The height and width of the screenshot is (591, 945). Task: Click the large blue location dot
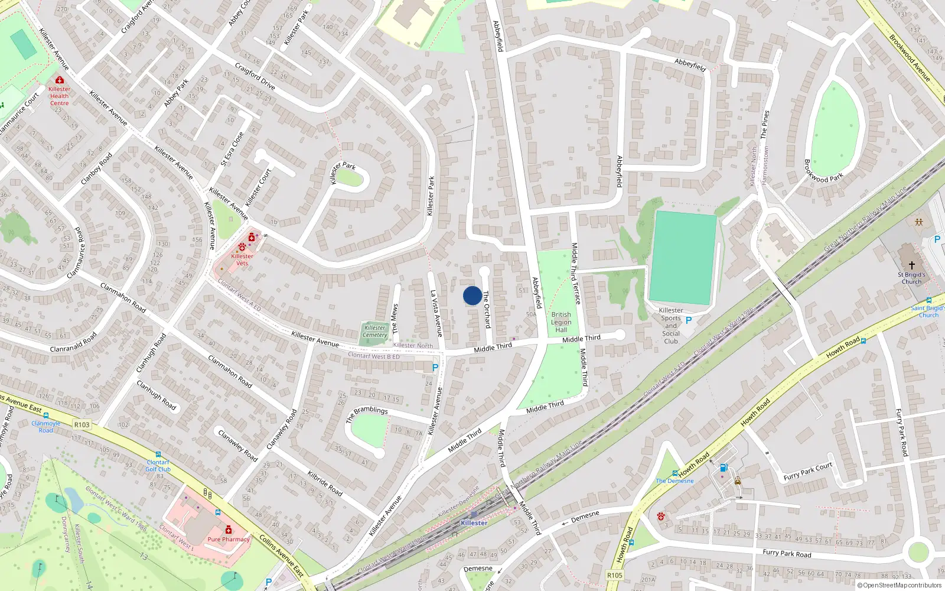point(472,295)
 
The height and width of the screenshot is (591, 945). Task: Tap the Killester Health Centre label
point(59,96)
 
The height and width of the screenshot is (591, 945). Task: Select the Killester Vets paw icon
point(242,246)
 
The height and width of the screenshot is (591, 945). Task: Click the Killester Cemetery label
point(374,331)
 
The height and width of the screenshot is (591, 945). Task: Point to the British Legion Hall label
point(561,322)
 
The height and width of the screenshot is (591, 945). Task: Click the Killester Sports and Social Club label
point(671,326)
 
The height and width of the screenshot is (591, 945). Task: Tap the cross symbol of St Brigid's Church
point(911,266)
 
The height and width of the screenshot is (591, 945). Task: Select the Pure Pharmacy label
point(229,539)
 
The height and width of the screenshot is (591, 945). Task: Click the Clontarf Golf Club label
point(158,466)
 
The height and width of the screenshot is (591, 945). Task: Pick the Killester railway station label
point(474,522)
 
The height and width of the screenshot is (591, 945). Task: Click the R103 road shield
point(82,424)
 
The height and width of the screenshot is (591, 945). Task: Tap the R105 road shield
point(615,575)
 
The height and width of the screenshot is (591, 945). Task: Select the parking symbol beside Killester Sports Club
point(688,320)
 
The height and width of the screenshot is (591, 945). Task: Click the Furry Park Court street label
point(807,471)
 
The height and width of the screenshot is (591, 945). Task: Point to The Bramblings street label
point(367,413)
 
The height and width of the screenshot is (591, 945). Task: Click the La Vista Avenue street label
point(436,313)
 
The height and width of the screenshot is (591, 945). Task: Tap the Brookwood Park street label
point(823,171)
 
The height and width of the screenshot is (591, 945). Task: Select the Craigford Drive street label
point(255,76)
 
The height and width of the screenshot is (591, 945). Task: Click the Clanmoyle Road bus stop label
point(46,427)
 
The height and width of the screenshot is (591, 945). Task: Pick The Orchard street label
point(487,309)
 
